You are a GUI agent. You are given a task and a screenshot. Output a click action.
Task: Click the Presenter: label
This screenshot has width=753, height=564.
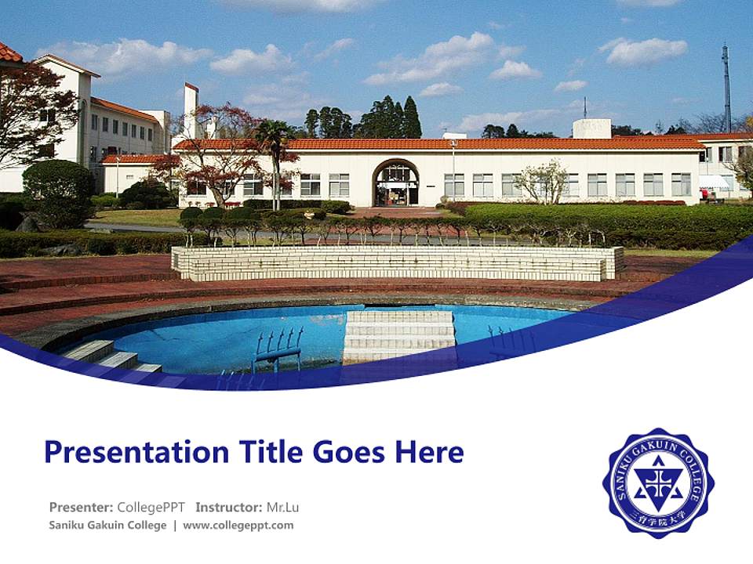(81, 507)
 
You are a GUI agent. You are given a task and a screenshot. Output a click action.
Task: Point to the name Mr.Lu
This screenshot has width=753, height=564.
(282, 507)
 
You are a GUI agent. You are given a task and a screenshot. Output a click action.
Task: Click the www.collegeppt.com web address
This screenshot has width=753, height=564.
(238, 525)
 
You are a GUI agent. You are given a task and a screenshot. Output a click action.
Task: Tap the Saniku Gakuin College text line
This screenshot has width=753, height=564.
(107, 525)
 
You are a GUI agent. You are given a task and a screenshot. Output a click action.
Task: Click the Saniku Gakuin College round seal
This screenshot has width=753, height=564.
(658, 483)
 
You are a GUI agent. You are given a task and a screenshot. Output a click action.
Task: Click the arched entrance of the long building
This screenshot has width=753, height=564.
(395, 184)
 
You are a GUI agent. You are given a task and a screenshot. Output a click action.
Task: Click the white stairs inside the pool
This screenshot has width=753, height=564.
(399, 335)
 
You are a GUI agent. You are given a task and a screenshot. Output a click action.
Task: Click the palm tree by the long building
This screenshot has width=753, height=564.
(275, 157)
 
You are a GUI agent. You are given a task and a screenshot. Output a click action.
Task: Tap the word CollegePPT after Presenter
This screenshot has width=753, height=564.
(151, 507)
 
